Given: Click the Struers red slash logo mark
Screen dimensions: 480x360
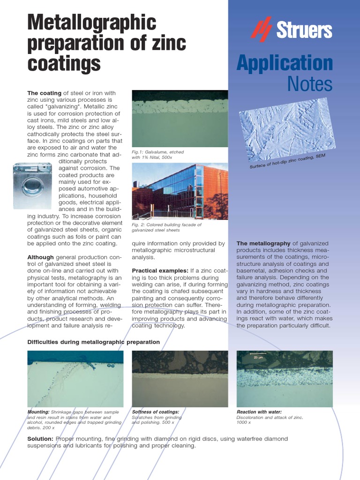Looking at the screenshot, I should pyautogui.click(x=261, y=29).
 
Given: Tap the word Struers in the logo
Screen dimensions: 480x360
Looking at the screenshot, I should pyautogui.click(x=304, y=30).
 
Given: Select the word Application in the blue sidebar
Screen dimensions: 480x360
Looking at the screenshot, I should pyautogui.click(x=285, y=63).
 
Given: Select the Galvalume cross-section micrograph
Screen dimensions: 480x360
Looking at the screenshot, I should pyautogui.click(x=180, y=118).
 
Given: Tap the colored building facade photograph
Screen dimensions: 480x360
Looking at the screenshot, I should pyautogui.click(x=180, y=191).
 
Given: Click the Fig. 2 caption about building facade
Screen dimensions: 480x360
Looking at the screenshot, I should pyautogui.click(x=166, y=227).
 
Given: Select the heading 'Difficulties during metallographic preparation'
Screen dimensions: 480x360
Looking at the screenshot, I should pyautogui.click(x=93, y=342).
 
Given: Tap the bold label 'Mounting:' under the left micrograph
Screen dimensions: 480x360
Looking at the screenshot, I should pyautogui.click(x=38, y=412).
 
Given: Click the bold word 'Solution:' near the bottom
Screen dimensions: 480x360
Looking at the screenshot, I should pyautogui.click(x=40, y=439).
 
